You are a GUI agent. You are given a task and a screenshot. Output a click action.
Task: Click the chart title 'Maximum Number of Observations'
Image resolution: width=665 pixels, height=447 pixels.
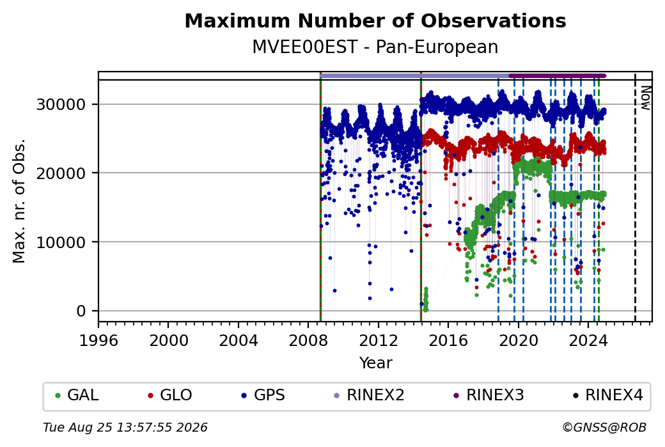[375, 20]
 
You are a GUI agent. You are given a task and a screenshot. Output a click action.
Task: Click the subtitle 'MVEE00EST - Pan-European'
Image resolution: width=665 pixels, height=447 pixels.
[375, 47]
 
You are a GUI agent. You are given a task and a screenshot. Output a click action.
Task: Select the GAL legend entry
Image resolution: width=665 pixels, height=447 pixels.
[77, 395]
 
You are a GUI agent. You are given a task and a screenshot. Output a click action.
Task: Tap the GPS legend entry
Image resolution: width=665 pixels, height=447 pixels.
[263, 395]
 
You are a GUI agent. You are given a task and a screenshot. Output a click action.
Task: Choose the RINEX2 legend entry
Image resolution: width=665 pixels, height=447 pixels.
[369, 395]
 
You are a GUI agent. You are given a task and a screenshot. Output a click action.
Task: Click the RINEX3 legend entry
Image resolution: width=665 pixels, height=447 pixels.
[489, 395]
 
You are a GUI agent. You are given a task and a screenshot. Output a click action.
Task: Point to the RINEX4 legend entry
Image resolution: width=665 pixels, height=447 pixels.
[607, 395]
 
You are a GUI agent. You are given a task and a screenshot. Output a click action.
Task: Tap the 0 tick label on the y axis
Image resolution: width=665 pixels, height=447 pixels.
[81, 311]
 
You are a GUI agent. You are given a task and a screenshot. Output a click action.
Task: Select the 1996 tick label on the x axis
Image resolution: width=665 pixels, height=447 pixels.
[98, 341]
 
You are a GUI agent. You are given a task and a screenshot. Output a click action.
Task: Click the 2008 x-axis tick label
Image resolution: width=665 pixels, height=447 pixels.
[308, 341]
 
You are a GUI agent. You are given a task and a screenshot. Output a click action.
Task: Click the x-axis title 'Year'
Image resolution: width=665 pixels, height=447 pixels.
[376, 363]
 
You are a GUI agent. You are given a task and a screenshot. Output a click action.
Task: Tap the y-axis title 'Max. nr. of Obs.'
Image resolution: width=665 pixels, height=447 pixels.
[19, 201]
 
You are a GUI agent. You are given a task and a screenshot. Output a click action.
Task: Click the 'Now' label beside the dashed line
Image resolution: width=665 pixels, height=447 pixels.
[645, 98]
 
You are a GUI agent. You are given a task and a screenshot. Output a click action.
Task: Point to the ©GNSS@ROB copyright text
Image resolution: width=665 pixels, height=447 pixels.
[604, 427]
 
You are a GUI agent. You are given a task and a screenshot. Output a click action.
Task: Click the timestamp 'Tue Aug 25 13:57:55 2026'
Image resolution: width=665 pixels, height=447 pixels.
[125, 427]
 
